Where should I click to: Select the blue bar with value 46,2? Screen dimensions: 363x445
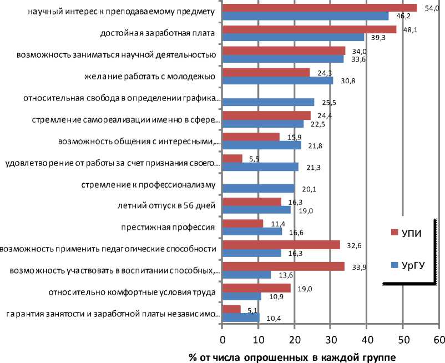[305, 16]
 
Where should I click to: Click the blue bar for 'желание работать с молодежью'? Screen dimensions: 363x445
[277, 80]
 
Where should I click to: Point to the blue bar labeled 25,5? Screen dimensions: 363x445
[268, 102]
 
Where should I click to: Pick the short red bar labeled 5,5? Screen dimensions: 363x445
[232, 159]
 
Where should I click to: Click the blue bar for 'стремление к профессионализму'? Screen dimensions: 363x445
[258, 188]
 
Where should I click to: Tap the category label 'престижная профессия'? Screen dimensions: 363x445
[168, 227]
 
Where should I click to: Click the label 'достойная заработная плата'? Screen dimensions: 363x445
[158, 33]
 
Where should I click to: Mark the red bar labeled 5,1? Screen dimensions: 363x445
[231, 309]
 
